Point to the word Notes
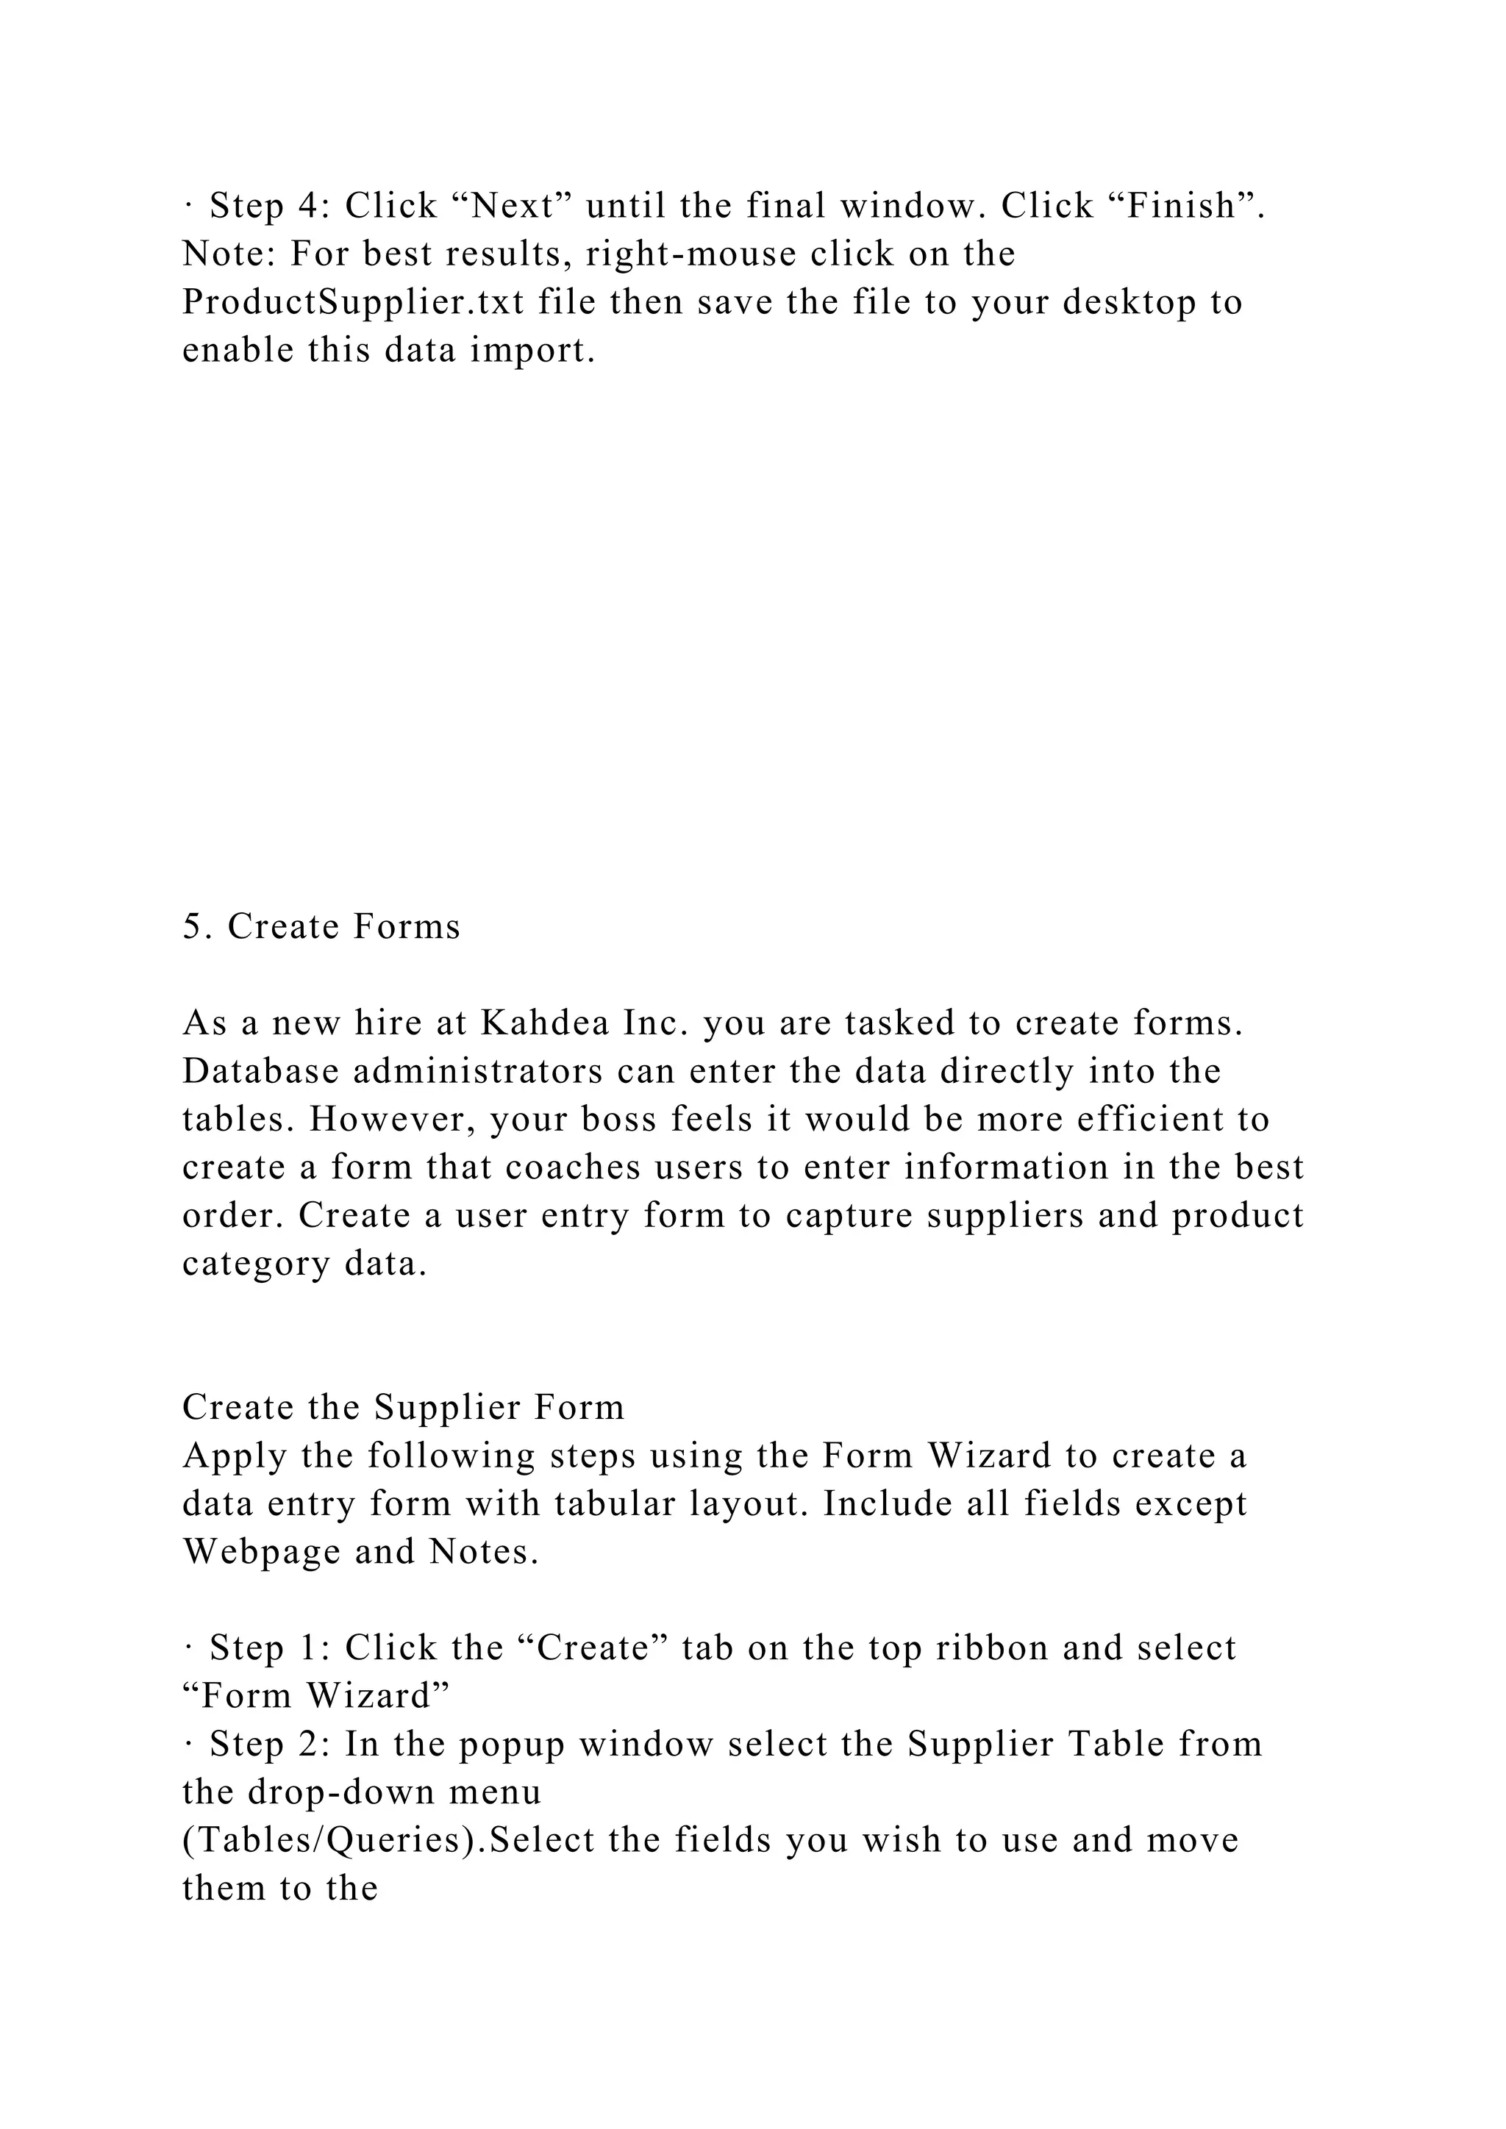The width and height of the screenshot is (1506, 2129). pos(484,1552)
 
